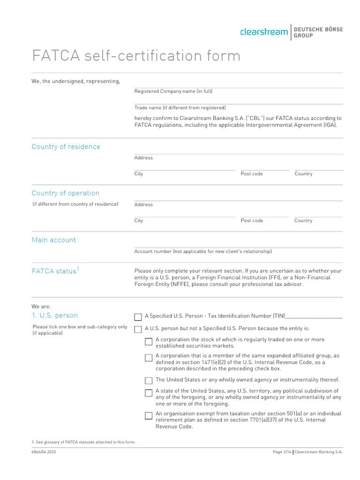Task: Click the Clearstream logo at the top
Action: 263,32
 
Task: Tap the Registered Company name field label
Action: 173,91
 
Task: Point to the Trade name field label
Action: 180,108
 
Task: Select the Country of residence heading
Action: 66,147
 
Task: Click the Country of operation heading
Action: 65,193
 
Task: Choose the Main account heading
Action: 53,240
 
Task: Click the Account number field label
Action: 202,252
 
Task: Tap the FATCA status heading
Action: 53,271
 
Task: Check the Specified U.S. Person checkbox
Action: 138,317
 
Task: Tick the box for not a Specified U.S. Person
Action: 138,330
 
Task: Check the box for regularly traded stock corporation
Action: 149,341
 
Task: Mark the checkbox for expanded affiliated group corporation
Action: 149,358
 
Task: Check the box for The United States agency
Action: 149,381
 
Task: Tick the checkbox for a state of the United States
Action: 149,393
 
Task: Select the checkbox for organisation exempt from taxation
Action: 149,415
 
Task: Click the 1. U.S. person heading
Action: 55,315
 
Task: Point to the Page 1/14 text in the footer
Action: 282,452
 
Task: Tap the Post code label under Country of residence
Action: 252,174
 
